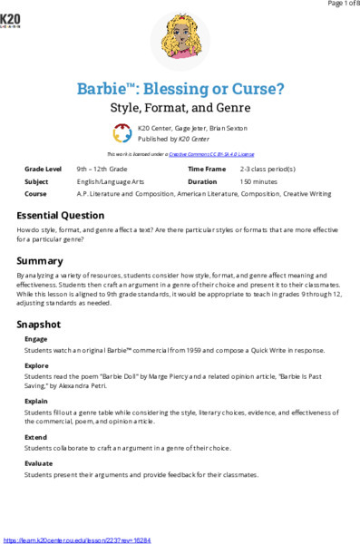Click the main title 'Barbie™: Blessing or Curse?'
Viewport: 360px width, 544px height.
(180, 90)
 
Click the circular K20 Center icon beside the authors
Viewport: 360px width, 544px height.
(122, 133)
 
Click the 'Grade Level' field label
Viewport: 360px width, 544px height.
(43, 170)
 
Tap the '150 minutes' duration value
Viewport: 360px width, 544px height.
(258, 181)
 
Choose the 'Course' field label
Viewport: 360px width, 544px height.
(36, 193)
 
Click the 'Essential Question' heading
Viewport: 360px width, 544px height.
(73, 216)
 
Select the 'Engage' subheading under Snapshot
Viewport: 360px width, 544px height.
(37, 339)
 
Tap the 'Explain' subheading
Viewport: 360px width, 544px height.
(38, 400)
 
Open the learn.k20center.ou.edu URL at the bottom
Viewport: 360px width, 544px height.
(77, 539)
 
